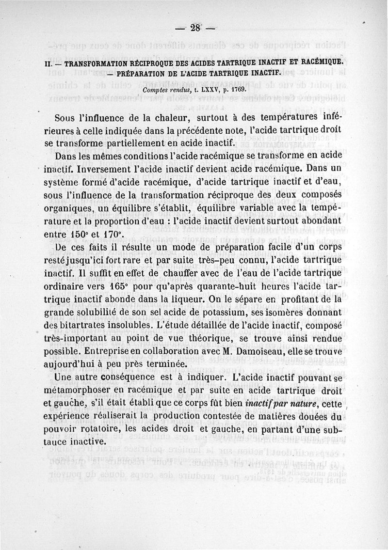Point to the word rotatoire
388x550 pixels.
[106, 429]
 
